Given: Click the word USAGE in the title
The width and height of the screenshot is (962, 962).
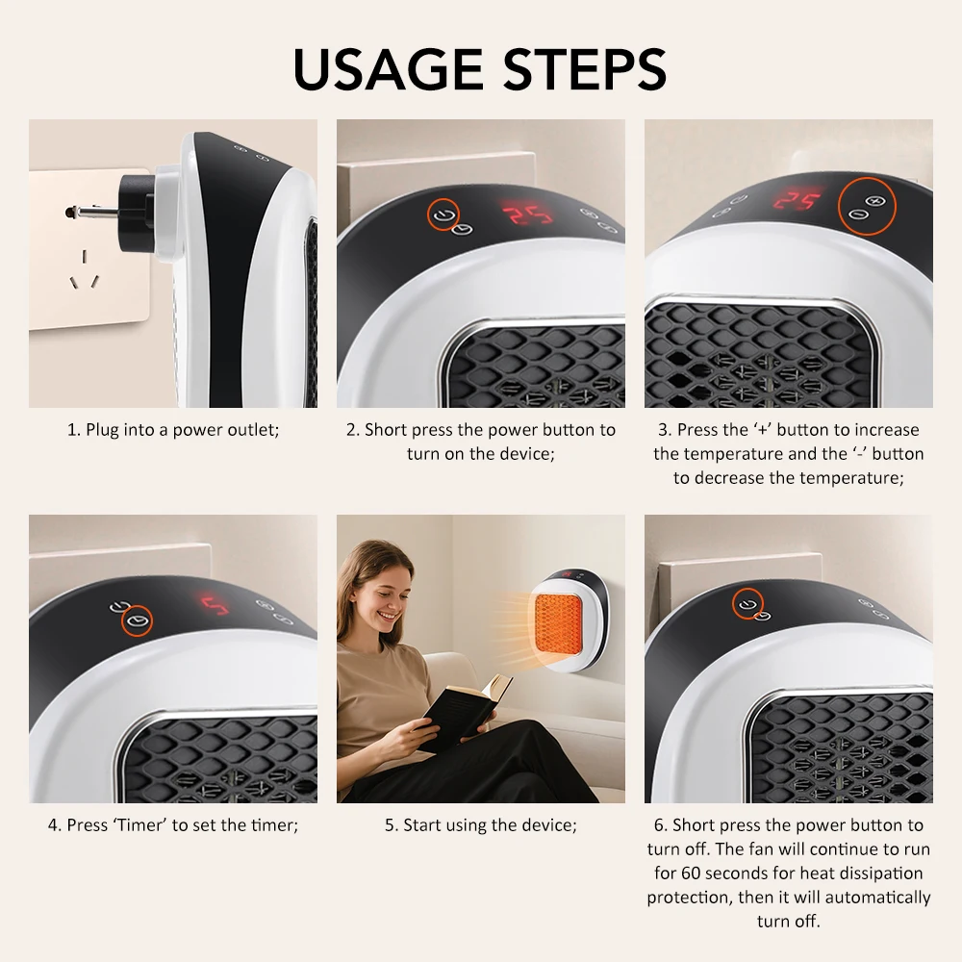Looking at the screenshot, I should tap(389, 68).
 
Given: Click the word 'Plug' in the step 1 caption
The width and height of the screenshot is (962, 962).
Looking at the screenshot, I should tap(104, 430).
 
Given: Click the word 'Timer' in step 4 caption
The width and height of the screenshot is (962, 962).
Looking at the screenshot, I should tap(140, 825).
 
